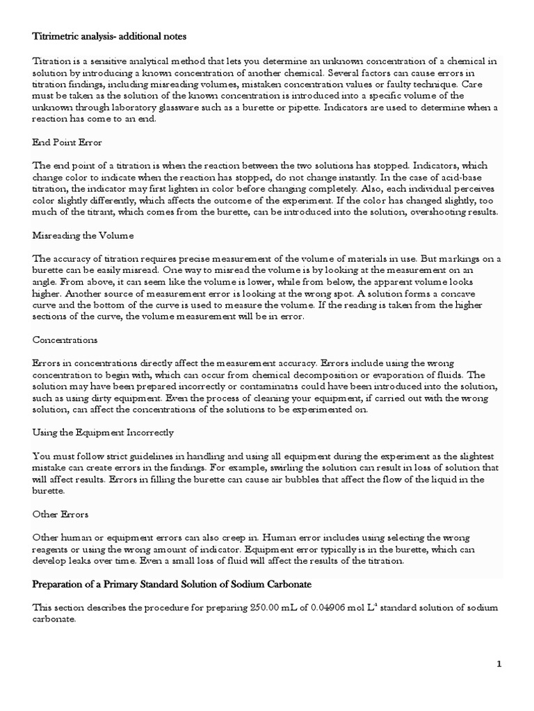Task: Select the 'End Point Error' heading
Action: (67, 142)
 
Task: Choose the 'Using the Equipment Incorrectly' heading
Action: (103, 432)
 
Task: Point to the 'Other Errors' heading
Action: (61, 515)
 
